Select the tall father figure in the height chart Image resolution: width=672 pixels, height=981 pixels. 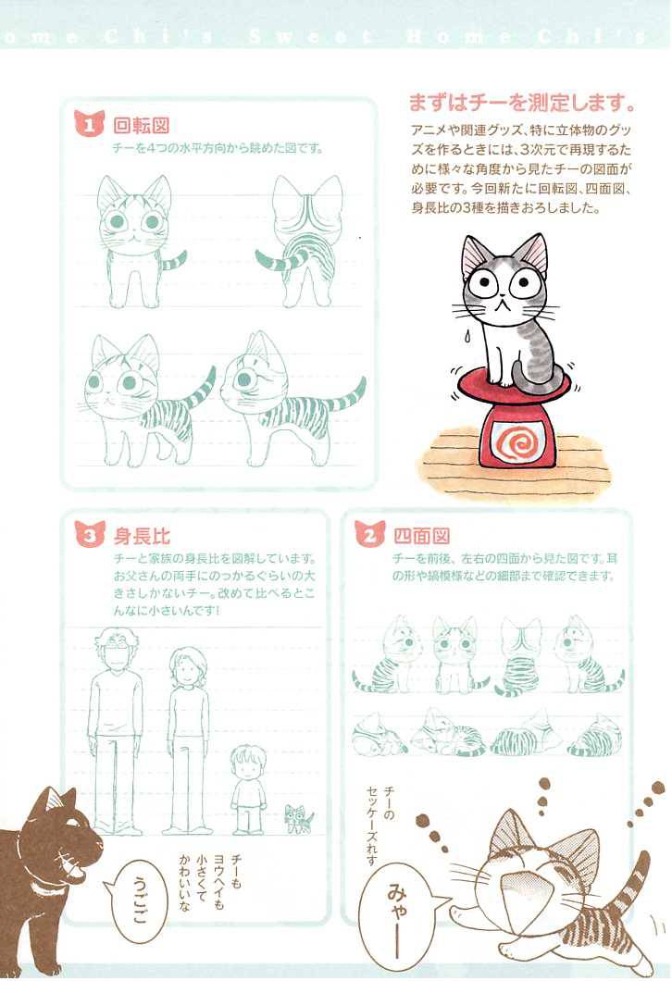pyautogui.click(x=116, y=731)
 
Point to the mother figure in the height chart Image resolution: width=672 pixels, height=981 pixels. pyautogui.click(x=187, y=736)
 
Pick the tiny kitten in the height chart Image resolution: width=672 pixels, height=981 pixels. pyautogui.click(x=298, y=818)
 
